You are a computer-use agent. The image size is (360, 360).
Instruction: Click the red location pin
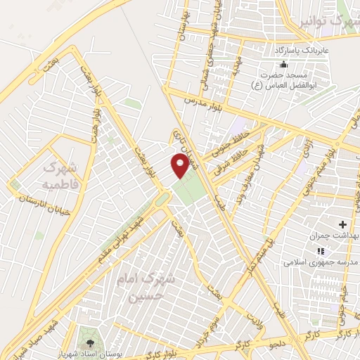[181, 165]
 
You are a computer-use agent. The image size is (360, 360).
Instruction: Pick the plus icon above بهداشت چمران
[342, 225]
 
